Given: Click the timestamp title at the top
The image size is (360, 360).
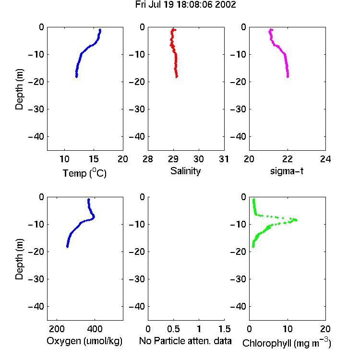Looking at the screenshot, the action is click(x=185, y=5).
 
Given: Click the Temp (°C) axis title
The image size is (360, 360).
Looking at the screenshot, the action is click(x=84, y=173).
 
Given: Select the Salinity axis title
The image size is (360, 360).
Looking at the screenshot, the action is click(x=185, y=171).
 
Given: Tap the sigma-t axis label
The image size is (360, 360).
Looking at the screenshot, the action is click(x=287, y=171).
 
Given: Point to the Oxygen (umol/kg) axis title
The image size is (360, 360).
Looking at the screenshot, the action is click(x=84, y=341).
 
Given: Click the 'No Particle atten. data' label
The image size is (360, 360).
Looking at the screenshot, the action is click(x=185, y=341).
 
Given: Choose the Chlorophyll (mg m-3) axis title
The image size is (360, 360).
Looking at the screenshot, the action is click(x=287, y=343).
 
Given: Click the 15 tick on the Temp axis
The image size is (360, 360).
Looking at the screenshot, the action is click(x=94, y=159).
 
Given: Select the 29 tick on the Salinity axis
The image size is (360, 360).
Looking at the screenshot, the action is click(x=173, y=159).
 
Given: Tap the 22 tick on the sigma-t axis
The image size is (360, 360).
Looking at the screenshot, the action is click(x=287, y=159).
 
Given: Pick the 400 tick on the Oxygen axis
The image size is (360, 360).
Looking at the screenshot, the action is click(x=95, y=329).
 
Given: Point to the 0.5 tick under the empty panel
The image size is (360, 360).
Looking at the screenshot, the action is click(x=173, y=329).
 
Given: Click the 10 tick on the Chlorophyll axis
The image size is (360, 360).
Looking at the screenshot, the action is click(x=287, y=329).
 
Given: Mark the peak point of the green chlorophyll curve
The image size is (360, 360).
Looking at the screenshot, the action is click(x=296, y=220).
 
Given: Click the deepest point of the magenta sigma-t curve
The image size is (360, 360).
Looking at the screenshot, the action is click(x=288, y=77).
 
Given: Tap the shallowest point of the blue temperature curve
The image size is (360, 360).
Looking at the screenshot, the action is click(x=100, y=30).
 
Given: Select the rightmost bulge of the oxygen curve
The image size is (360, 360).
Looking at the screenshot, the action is click(x=94, y=217).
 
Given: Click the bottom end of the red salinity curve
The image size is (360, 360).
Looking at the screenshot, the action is click(x=177, y=77).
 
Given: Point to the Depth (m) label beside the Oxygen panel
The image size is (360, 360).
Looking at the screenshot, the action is click(x=19, y=259).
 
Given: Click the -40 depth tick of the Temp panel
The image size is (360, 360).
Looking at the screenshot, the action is click(x=36, y=137).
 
